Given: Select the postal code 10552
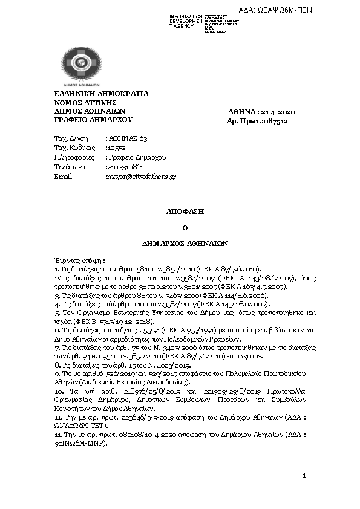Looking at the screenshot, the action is click(116, 148).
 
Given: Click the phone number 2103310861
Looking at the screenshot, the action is click(124, 167).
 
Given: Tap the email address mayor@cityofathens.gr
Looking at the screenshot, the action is click(140, 177).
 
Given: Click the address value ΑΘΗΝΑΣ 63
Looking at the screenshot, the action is click(128, 138).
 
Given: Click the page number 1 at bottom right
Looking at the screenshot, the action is click(305, 477).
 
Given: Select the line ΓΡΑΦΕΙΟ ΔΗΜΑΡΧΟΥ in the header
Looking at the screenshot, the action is click(88, 120).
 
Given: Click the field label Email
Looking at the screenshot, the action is click(63, 177).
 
